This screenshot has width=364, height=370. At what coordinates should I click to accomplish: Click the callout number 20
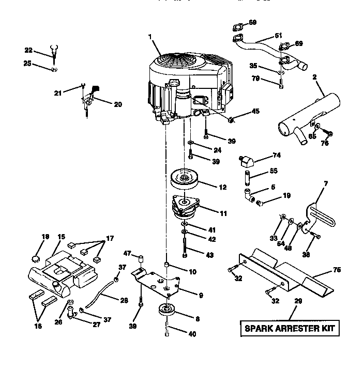(117, 104)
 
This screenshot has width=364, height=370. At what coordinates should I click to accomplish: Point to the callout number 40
(192, 334)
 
